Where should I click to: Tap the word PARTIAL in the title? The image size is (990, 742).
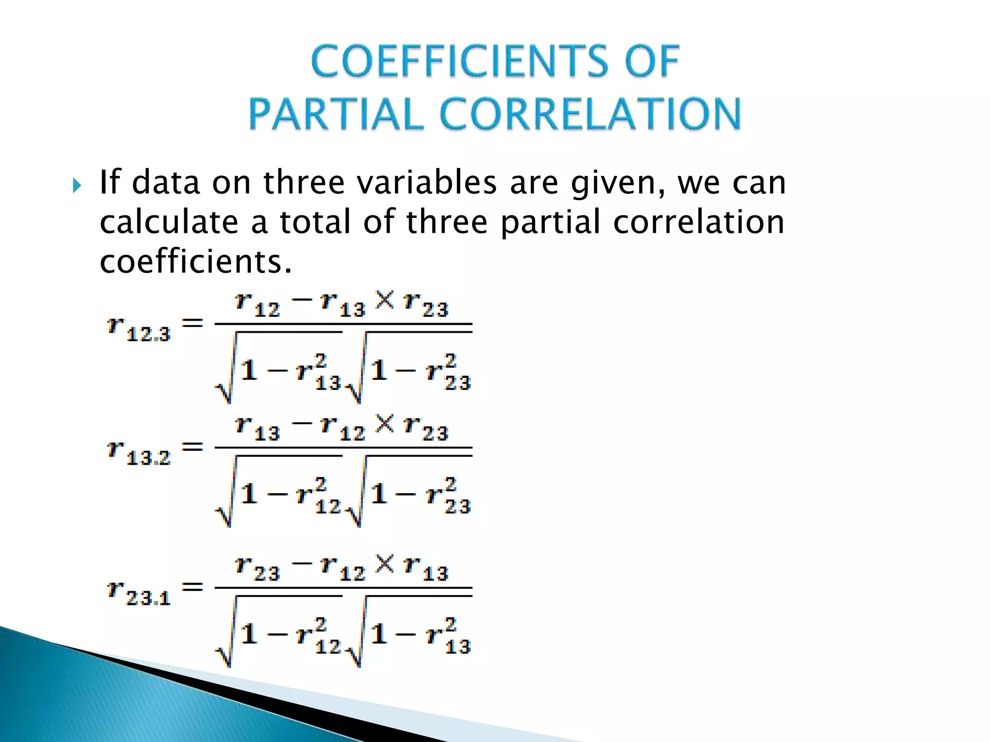[x=336, y=114]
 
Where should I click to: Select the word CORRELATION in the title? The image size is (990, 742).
[x=590, y=114]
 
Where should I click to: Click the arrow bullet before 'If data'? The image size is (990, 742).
[x=77, y=185]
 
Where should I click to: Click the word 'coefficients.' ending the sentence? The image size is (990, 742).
[x=196, y=262]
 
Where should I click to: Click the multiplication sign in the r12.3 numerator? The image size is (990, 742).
[x=385, y=300]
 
